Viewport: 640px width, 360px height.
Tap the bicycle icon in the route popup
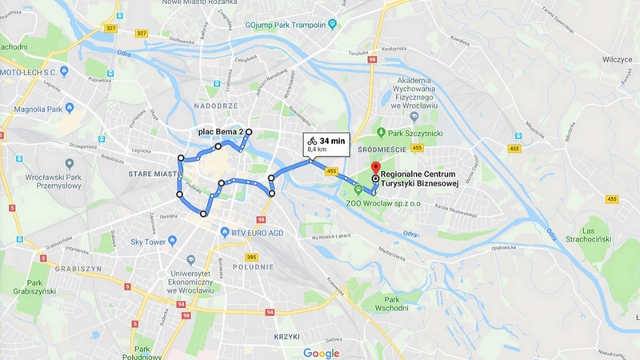click(x=310, y=141)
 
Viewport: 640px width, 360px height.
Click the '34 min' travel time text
click(x=332, y=141)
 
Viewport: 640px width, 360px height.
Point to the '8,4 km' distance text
click(x=318, y=150)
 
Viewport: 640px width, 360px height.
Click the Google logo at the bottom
click(x=321, y=353)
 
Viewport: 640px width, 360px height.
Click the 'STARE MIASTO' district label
click(x=152, y=171)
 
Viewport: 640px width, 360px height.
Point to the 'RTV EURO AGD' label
click(x=260, y=232)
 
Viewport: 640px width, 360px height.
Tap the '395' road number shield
click(x=251, y=257)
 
